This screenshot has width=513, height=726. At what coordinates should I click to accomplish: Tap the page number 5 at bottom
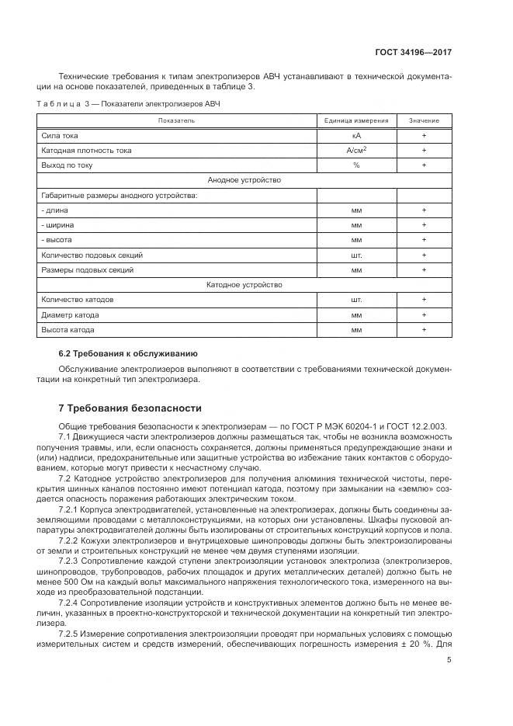pyautogui.click(x=449, y=661)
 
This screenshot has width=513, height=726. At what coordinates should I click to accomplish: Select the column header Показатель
pyautogui.click(x=176, y=121)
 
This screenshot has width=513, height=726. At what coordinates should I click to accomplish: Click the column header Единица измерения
pyautogui.click(x=356, y=121)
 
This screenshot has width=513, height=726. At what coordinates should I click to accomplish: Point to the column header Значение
pyautogui.click(x=424, y=121)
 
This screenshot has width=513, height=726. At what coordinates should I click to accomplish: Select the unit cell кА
pyautogui.click(x=356, y=136)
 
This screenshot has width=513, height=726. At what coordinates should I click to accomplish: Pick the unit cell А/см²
pyautogui.click(x=356, y=151)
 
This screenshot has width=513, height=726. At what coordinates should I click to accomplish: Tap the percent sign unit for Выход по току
pyautogui.click(x=356, y=165)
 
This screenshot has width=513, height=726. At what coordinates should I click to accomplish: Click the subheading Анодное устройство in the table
pyautogui.click(x=244, y=180)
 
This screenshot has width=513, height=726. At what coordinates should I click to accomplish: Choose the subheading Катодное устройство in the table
pyautogui.click(x=244, y=285)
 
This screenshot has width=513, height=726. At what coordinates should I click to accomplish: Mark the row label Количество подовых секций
pyautogui.click(x=92, y=255)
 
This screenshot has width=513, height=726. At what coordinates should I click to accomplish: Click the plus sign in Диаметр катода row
pyautogui.click(x=424, y=315)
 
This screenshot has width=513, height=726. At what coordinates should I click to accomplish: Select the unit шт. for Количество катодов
pyautogui.click(x=356, y=300)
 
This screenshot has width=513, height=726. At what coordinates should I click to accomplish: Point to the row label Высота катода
pyautogui.click(x=68, y=330)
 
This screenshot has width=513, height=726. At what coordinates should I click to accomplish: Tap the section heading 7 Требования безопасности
pyautogui.click(x=130, y=408)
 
